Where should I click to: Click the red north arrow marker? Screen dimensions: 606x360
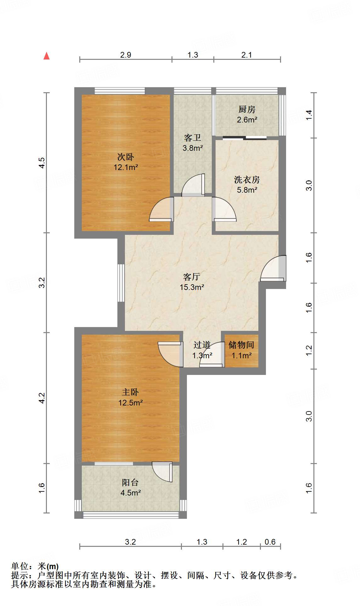coord(47,56)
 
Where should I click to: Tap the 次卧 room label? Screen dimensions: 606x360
coord(126,156)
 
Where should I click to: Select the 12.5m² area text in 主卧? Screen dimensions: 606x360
coord(130,403)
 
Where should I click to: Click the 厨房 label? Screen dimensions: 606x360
coord(247,109)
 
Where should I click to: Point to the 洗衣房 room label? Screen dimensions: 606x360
coord(247,180)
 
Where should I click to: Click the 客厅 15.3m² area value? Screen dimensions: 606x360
coord(192,287)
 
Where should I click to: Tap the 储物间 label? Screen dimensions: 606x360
coord(241,345)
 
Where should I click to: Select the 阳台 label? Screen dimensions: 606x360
coord(130,482)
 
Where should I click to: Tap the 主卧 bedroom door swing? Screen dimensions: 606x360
coord(170,354)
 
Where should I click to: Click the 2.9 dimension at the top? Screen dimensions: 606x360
coord(126,55)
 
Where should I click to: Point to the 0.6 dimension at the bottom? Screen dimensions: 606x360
coord(270,542)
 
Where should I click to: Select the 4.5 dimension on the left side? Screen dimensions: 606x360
coord(42,163)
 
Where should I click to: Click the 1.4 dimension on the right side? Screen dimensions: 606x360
coord(309,115)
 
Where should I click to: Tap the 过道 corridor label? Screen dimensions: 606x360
coord(202,345)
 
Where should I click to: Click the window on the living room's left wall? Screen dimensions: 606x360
coord(121,283)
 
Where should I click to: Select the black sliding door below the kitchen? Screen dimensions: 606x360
coord(245,137)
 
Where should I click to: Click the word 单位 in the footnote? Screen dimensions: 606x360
coord(20,566)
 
